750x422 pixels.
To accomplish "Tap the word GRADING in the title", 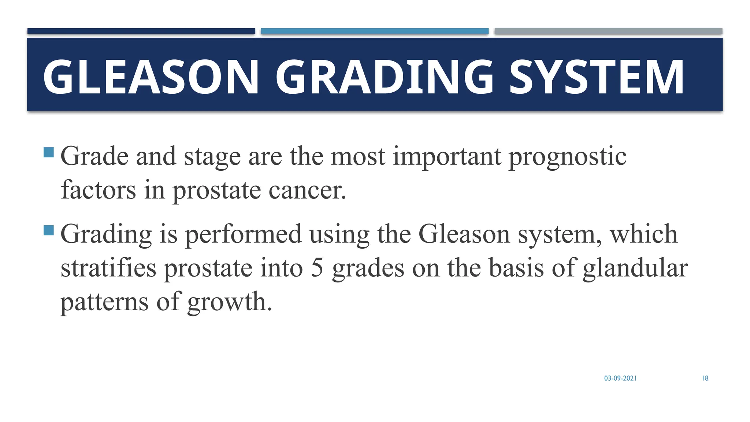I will [x=385, y=77].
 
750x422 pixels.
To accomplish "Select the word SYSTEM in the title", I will [x=596, y=77].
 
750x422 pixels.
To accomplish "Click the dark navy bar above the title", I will [x=141, y=31].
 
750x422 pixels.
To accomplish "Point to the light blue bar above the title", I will [x=375, y=31].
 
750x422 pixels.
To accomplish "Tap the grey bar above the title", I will [x=608, y=31].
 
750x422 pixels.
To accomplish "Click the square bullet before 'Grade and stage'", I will [x=49, y=152].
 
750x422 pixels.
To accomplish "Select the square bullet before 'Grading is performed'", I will [x=49, y=230].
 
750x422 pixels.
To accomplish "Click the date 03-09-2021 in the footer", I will [x=620, y=378].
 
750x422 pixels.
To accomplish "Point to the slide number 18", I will [x=705, y=378].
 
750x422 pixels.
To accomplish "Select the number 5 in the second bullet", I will [x=317, y=268].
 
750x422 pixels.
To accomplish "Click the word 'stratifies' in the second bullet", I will [x=108, y=268].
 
